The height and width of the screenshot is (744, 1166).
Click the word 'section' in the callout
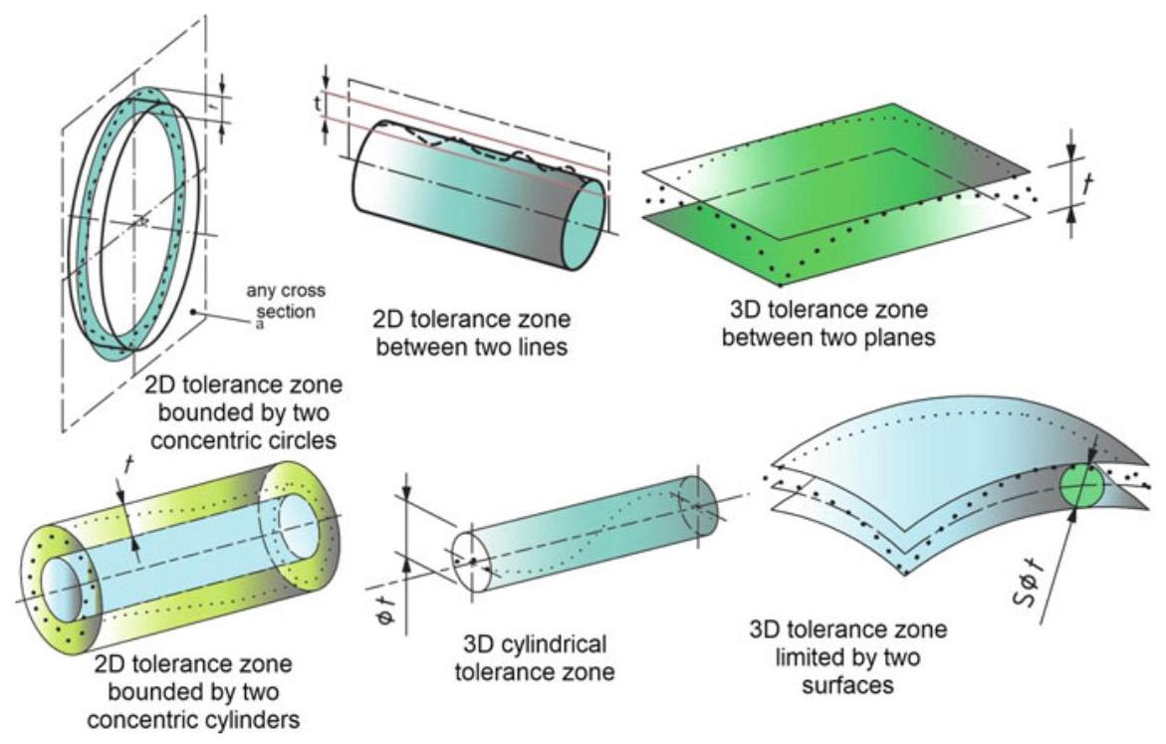(x=290, y=310)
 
